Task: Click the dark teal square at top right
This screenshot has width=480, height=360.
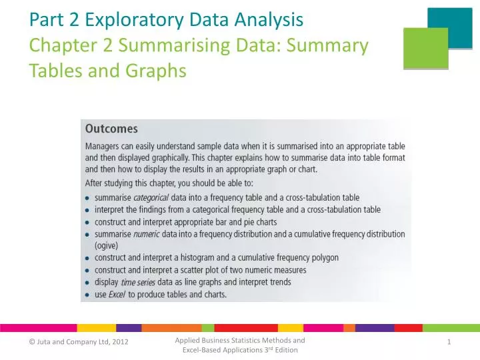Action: click(x=449, y=26)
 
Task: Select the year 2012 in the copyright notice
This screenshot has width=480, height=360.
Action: click(x=119, y=342)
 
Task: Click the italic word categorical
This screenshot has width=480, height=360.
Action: click(x=152, y=197)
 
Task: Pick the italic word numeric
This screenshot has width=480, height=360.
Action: click(x=146, y=234)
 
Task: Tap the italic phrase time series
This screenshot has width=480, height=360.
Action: click(x=139, y=282)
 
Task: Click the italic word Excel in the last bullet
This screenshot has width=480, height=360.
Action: click(x=117, y=294)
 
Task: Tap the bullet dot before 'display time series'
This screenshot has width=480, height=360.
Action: click(x=89, y=282)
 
